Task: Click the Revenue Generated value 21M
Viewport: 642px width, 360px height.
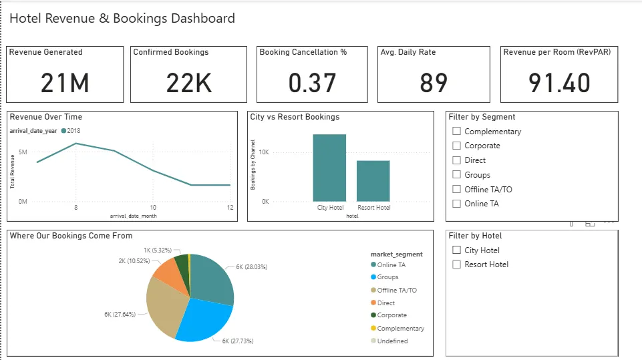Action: (65, 83)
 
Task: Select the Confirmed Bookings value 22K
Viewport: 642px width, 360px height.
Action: (189, 83)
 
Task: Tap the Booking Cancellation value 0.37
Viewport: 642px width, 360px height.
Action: (312, 83)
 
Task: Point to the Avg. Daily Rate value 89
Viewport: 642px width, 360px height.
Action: (434, 83)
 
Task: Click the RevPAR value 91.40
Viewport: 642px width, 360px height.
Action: (559, 83)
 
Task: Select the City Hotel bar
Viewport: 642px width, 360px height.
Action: (329, 168)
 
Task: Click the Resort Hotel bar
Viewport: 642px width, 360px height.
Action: (373, 180)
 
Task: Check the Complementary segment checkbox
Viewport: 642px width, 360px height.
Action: (457, 132)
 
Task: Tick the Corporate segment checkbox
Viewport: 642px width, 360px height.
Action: (457, 146)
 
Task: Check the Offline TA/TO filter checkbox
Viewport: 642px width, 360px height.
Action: (457, 189)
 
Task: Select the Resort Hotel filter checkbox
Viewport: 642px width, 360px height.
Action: (457, 264)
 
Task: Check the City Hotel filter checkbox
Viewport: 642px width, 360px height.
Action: (457, 250)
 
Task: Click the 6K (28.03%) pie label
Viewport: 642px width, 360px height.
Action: (251, 266)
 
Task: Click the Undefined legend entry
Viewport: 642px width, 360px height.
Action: (392, 341)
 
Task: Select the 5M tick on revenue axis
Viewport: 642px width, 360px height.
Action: (23, 152)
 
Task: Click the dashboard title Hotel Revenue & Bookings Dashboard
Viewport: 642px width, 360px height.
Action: (122, 19)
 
